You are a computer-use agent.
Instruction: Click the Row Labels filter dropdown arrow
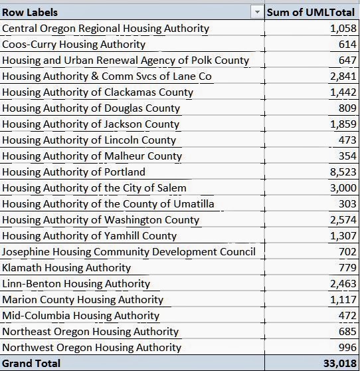coord(257,12)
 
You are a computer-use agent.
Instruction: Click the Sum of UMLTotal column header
coord(311,13)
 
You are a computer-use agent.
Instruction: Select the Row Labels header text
coord(30,13)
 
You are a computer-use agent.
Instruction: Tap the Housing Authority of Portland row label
coord(74,172)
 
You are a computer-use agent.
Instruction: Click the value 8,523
coord(343,172)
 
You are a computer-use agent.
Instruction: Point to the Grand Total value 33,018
coord(339,364)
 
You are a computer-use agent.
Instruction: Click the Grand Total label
coord(31,364)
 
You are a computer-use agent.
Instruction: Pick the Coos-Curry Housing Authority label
coord(74,45)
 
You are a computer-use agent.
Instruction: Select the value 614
coord(347,45)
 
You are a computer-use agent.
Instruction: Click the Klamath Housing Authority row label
coord(66,268)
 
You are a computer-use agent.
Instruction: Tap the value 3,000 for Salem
coord(343,188)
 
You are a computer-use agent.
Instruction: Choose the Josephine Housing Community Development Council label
coord(129,252)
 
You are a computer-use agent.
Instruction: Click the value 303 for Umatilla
coord(347,203)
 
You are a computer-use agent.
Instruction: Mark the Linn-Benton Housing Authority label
coord(76,284)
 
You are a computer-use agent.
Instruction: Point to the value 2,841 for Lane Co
coord(343,76)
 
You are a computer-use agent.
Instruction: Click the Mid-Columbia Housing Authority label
coord(81,316)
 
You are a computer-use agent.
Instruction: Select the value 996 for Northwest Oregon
coord(347,347)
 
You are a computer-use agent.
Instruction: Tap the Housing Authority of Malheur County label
coord(92,156)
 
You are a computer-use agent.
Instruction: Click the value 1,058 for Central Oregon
coord(343,29)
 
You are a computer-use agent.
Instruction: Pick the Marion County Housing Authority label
coord(83,300)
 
